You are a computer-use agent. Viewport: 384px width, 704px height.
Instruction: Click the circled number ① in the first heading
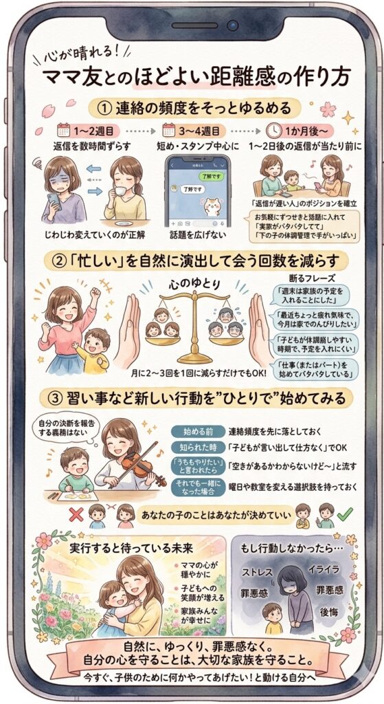pos(103,108)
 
